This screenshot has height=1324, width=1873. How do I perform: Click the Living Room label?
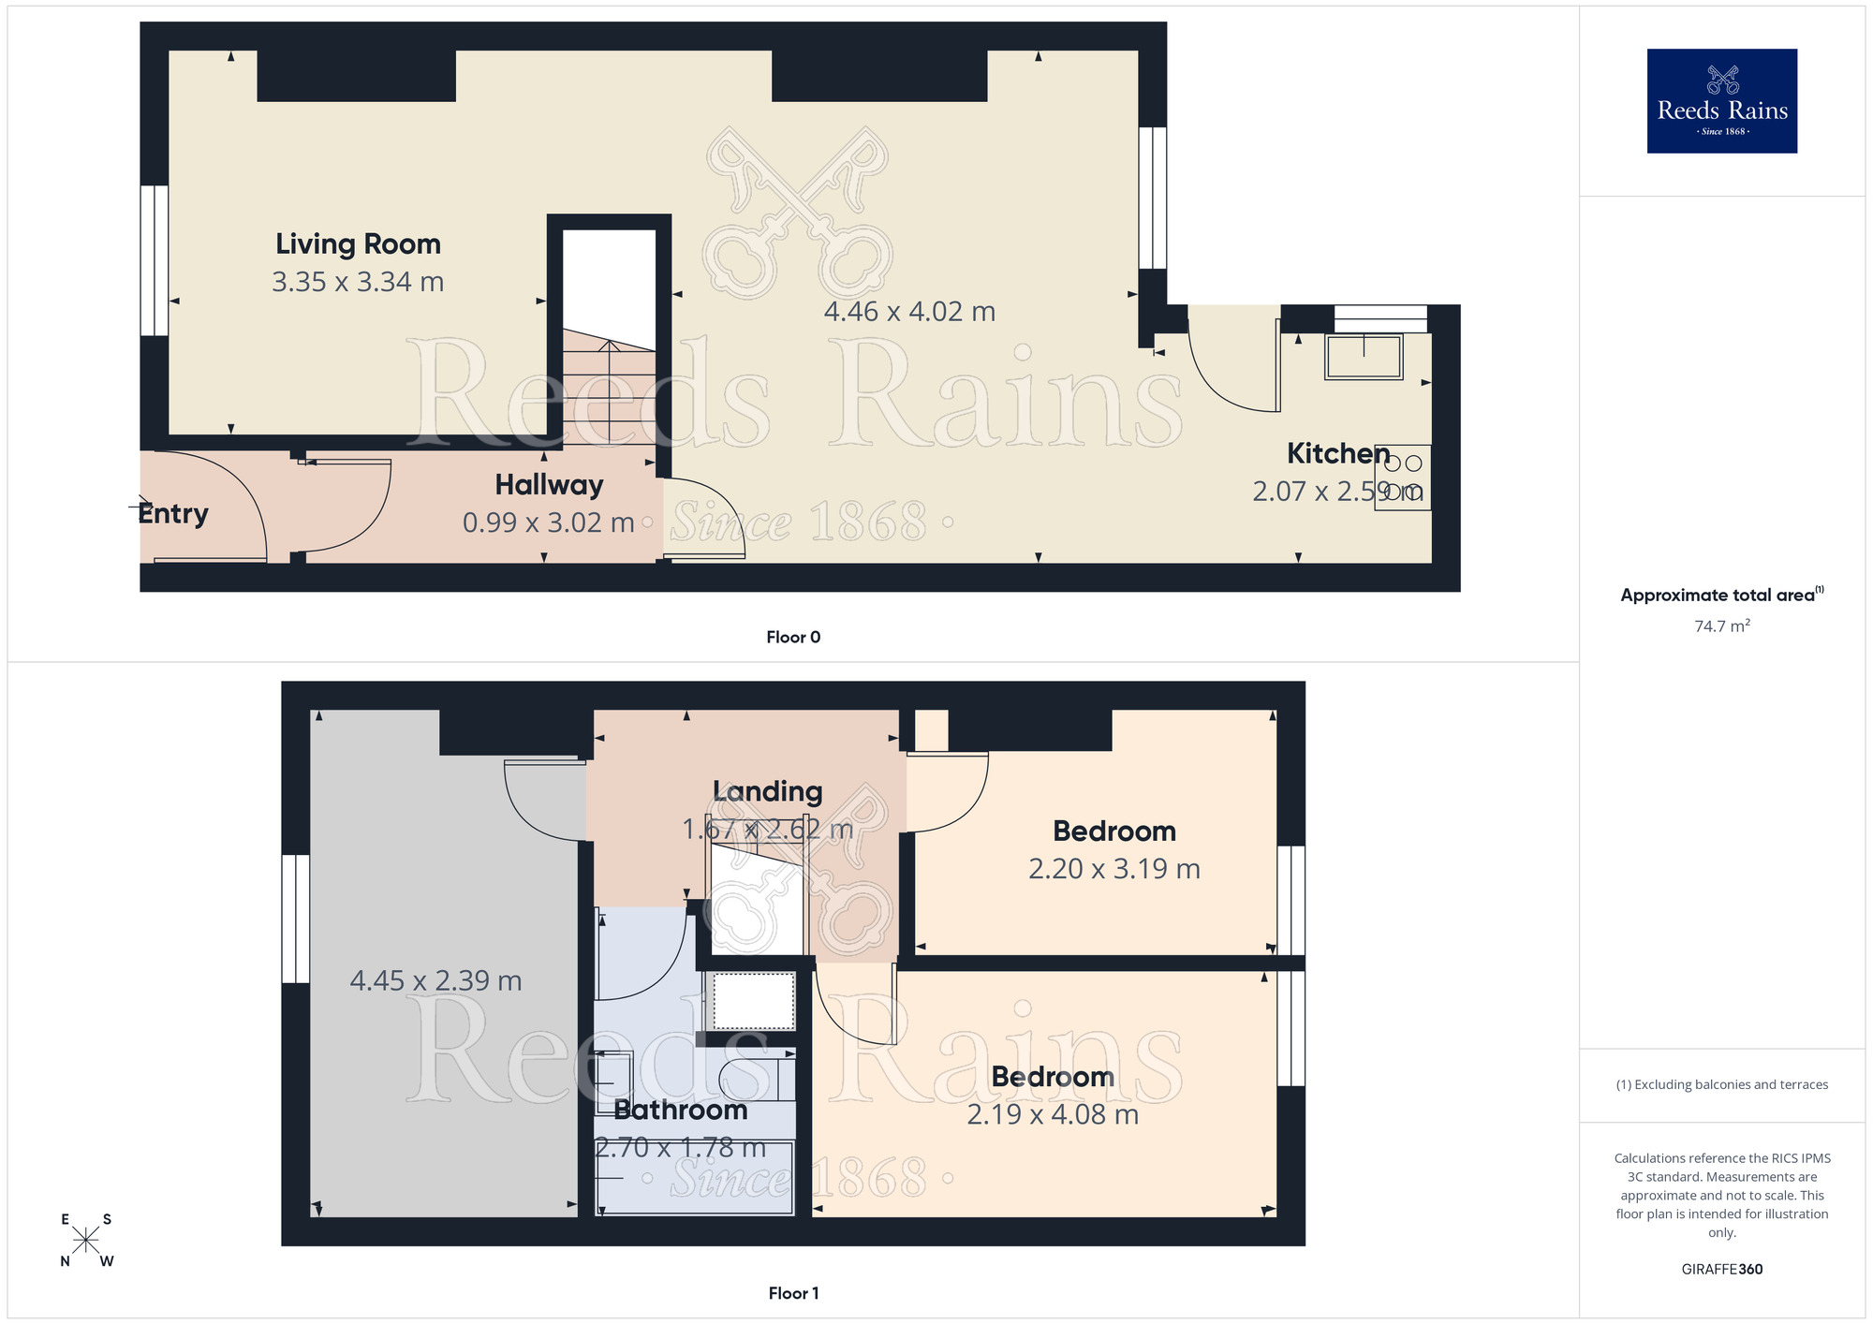click(358, 243)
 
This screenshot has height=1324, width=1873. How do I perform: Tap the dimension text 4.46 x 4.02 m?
click(908, 311)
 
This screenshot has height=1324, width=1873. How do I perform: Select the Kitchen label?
click(1337, 453)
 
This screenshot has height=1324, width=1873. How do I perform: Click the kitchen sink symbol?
click(1364, 357)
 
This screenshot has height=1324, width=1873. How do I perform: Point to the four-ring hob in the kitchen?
click(1402, 477)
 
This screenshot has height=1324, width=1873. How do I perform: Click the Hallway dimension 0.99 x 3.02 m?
click(548, 522)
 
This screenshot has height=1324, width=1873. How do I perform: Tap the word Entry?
click(173, 513)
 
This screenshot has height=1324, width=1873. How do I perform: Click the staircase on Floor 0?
click(609, 384)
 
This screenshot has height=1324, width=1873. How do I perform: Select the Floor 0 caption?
click(793, 637)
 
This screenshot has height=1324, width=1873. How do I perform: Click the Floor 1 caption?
click(793, 1293)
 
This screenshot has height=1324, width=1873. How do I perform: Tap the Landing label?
click(767, 791)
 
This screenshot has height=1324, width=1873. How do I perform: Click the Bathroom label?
click(680, 1110)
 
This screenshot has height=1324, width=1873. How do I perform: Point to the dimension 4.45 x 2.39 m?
click(435, 980)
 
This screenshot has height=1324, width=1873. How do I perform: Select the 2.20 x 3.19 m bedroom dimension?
click(1113, 869)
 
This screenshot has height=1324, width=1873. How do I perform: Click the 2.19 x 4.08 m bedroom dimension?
click(1052, 1114)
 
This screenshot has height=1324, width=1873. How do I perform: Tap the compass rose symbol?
click(86, 1240)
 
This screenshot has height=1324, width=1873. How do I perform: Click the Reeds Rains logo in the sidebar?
click(1721, 101)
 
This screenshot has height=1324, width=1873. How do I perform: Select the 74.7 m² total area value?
click(1721, 625)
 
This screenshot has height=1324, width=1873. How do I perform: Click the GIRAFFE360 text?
click(1721, 1270)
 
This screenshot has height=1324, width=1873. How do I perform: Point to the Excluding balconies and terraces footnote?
click(1721, 1084)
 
